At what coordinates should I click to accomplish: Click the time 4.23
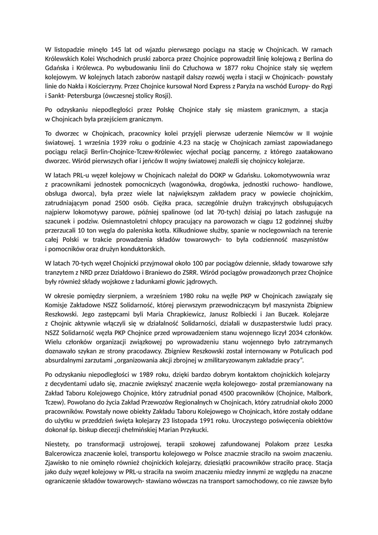[x=176, y=142]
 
